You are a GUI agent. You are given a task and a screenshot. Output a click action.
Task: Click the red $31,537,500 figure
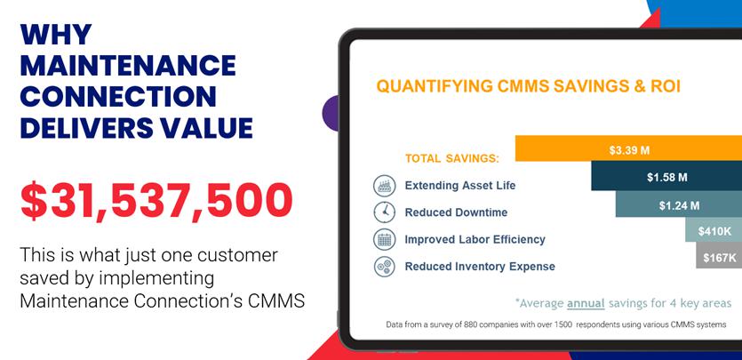click(x=156, y=201)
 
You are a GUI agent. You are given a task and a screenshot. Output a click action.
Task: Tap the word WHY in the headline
click(x=55, y=34)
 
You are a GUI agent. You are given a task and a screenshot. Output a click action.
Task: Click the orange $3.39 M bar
click(x=628, y=148)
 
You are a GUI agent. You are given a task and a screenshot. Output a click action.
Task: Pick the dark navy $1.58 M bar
click(x=666, y=178)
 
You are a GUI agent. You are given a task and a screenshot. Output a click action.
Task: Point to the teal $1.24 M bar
click(x=679, y=204)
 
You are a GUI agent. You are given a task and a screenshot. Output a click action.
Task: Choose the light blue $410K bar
click(x=714, y=230)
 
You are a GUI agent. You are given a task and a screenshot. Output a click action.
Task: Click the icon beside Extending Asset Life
click(x=384, y=185)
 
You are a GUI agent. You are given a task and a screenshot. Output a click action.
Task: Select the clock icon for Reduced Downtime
click(x=384, y=212)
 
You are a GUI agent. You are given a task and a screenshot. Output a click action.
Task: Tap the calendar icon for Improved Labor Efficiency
click(x=384, y=239)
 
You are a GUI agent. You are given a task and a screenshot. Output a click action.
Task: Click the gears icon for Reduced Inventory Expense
click(x=384, y=266)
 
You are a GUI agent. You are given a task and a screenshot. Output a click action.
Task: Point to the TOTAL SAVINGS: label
click(x=452, y=158)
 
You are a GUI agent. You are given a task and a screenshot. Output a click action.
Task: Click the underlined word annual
click(x=586, y=303)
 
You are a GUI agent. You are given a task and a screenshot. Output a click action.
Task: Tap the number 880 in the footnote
click(x=469, y=325)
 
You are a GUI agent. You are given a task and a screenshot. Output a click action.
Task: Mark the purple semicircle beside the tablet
click(x=331, y=113)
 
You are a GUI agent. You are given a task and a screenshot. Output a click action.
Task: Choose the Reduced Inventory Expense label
click(x=480, y=267)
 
